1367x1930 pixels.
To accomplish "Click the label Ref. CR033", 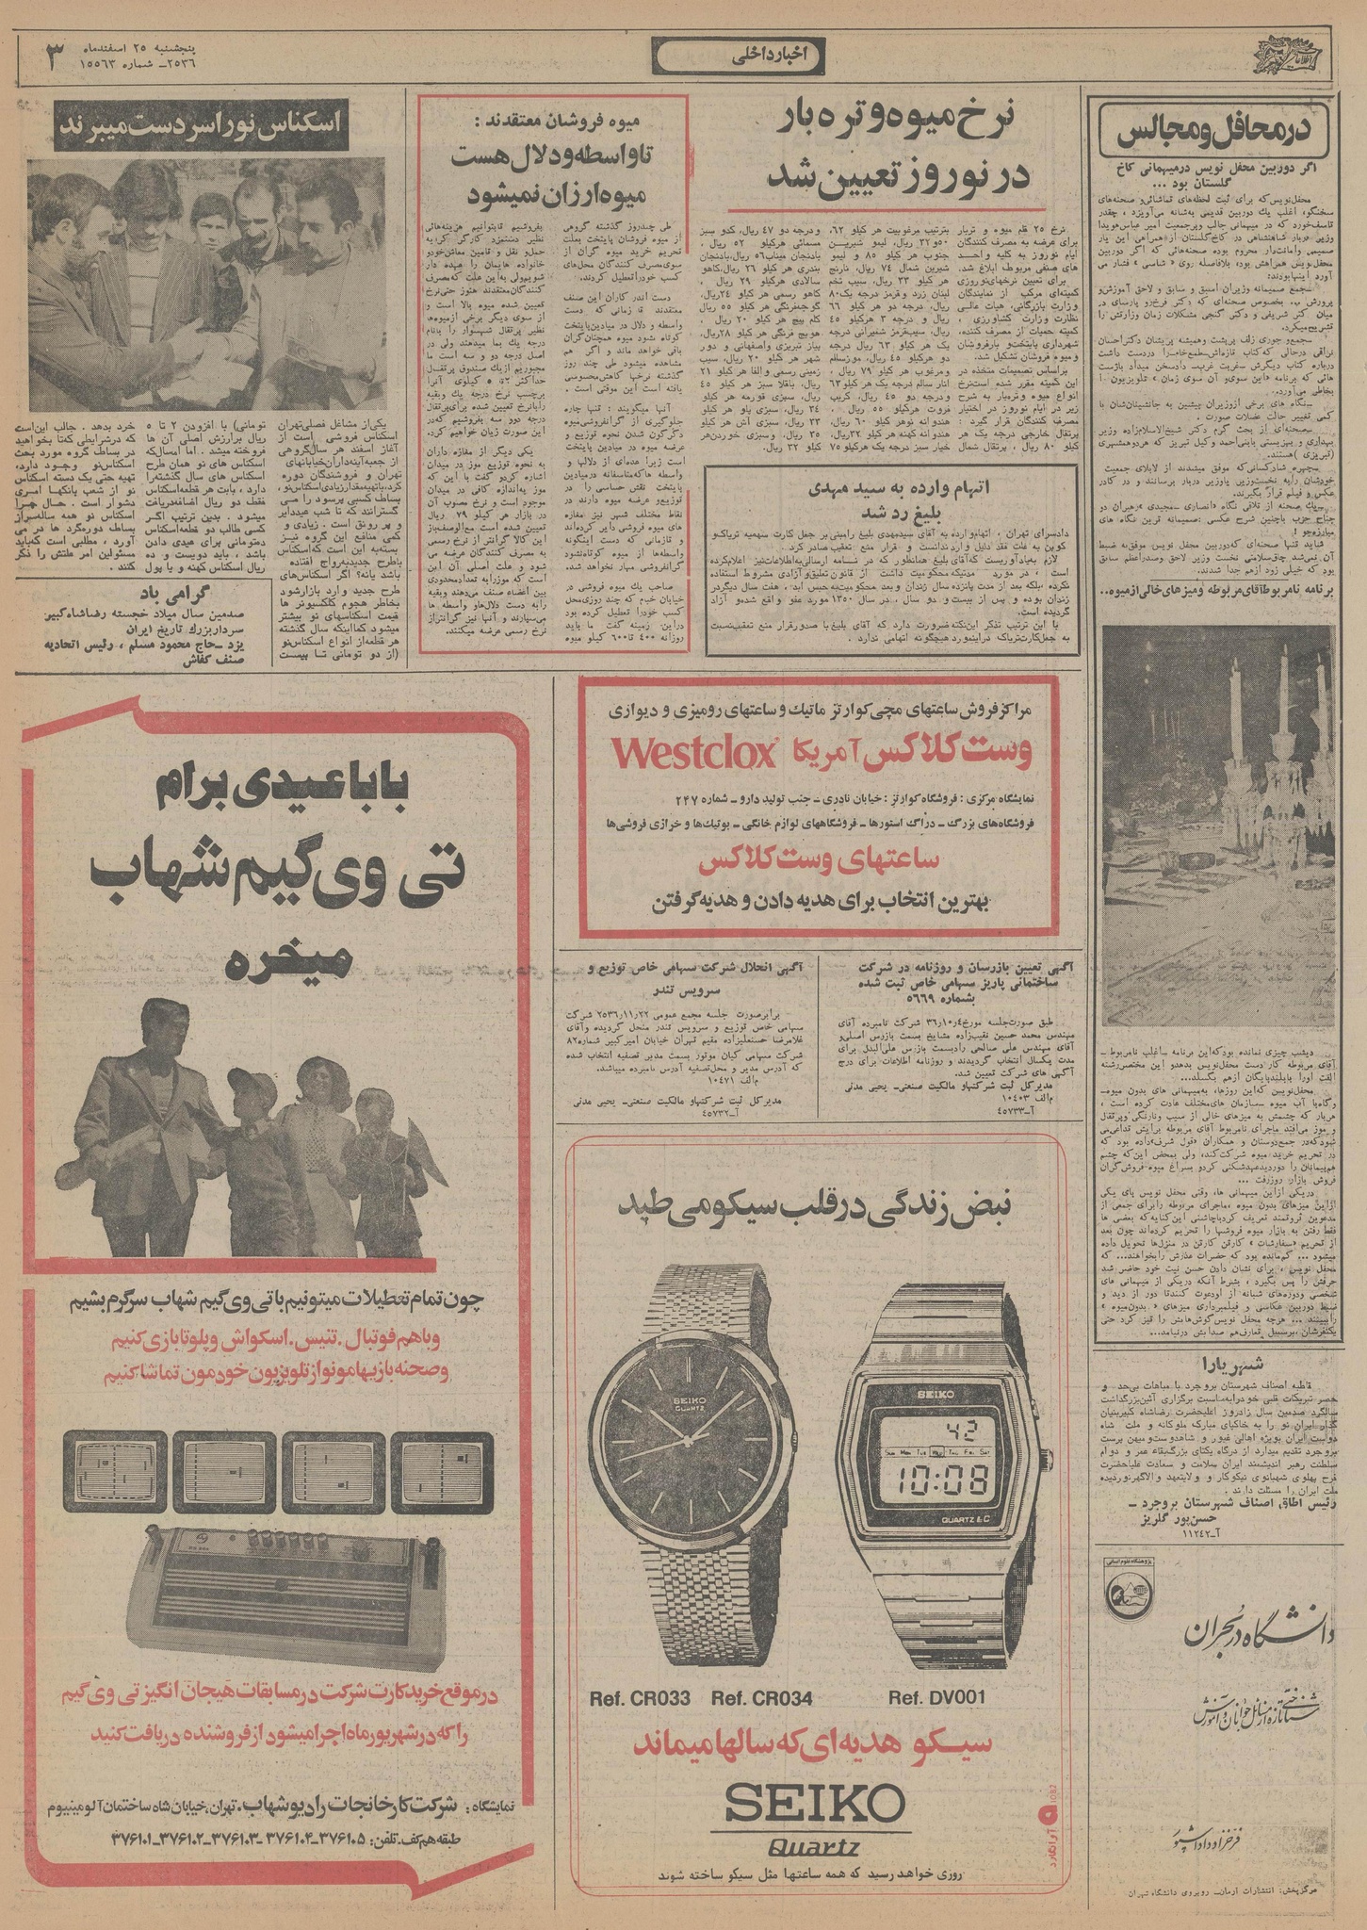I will [x=641, y=1697].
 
